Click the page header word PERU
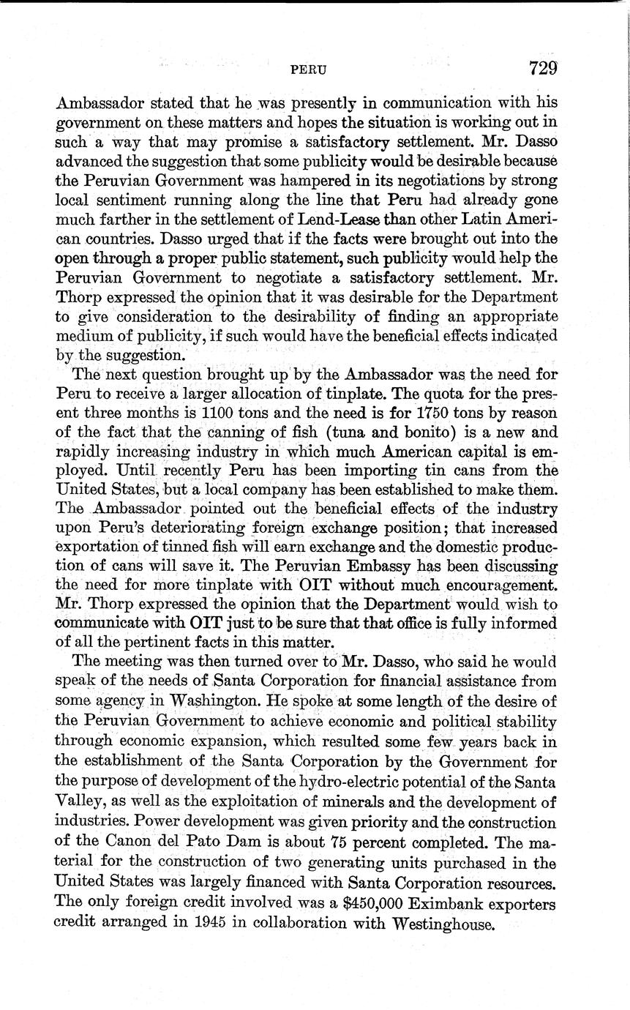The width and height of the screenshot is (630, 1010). [x=308, y=70]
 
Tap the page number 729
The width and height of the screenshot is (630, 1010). [x=544, y=68]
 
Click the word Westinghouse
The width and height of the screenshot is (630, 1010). [x=444, y=924]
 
